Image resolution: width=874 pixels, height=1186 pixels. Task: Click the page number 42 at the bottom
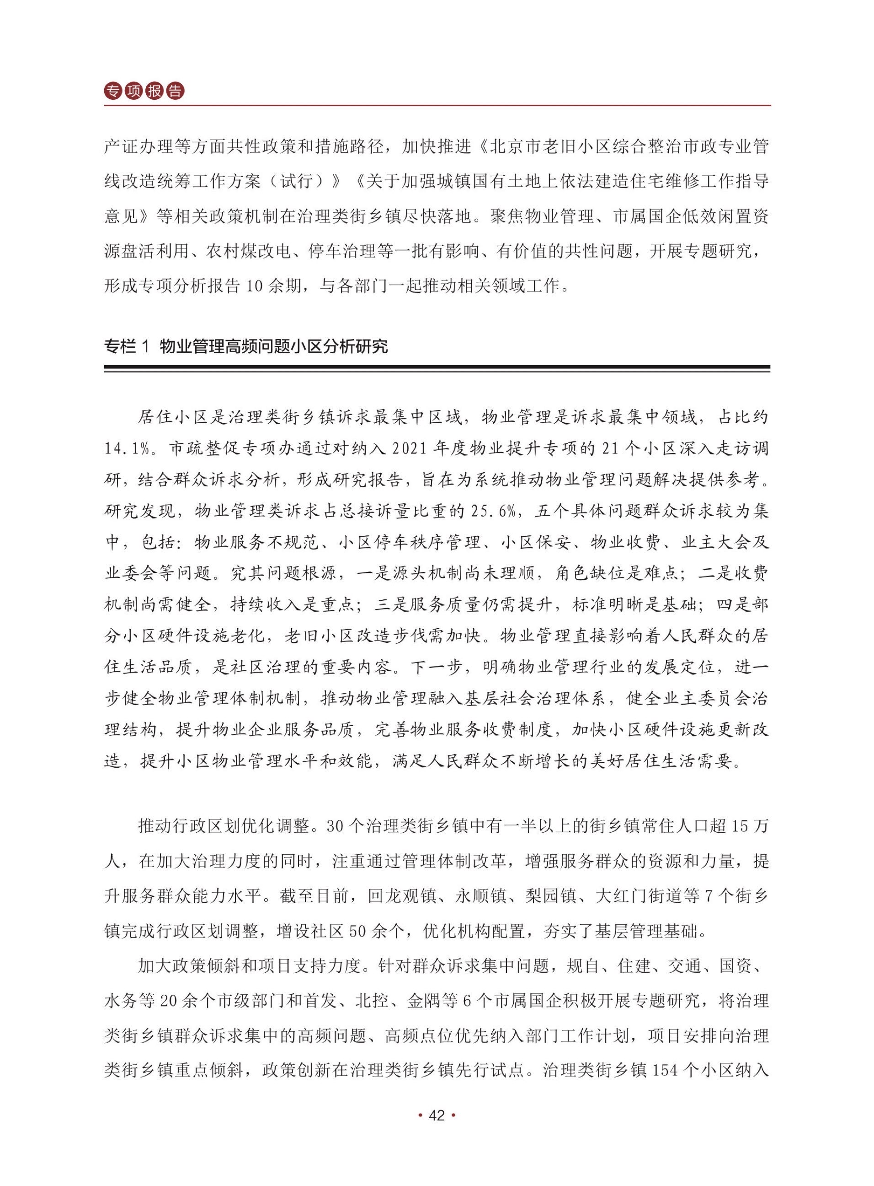tap(437, 1116)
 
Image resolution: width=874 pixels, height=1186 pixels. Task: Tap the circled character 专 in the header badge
tap(113, 91)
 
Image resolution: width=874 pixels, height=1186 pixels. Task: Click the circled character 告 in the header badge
tap(175, 91)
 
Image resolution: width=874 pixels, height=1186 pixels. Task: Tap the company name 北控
tap(373, 1001)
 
